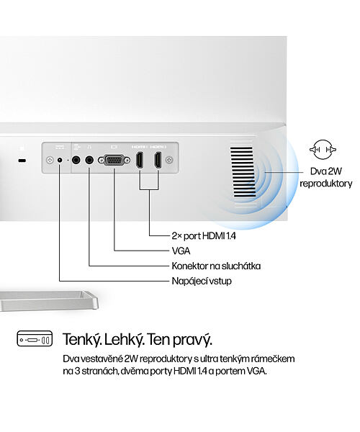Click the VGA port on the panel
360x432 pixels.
[114, 160]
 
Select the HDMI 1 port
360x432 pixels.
[140, 160]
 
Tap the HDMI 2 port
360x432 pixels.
[158, 160]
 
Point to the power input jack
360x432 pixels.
[60, 160]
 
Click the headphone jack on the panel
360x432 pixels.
[89, 160]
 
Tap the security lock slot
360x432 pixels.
[22, 161]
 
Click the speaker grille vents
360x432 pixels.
[243, 171]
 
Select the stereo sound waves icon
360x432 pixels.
[323, 150]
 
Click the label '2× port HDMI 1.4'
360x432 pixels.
[204, 236]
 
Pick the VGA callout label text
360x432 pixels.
[181, 251]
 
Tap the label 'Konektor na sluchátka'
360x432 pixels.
[216, 266]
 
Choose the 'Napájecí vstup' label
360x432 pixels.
[202, 282]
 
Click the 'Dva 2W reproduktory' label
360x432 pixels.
[326, 177]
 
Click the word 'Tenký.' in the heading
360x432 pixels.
[83, 339]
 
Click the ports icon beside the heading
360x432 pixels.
[35, 338]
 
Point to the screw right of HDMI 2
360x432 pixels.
[169, 160]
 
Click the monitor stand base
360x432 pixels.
[48, 301]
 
